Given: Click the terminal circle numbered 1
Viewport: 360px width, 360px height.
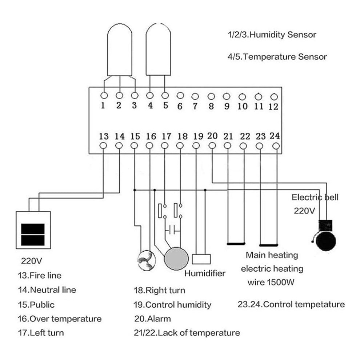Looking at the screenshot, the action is click(x=104, y=95).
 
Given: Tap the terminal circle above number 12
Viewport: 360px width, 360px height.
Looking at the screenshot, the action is click(x=274, y=97).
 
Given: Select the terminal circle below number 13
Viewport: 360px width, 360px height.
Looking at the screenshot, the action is click(x=103, y=145).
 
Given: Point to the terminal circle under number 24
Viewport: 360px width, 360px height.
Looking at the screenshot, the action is click(x=276, y=146).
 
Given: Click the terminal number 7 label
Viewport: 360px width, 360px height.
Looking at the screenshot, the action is click(x=195, y=106).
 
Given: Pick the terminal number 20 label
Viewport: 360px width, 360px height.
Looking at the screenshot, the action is click(x=212, y=136).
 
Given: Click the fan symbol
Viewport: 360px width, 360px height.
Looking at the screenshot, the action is click(x=147, y=260).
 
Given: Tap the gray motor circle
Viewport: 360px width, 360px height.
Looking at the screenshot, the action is click(x=176, y=259).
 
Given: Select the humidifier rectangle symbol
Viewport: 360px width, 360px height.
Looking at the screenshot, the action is click(x=201, y=259).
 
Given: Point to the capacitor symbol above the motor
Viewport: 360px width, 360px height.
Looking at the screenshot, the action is click(x=172, y=229).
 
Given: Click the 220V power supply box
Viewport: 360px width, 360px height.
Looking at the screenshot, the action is click(x=33, y=230).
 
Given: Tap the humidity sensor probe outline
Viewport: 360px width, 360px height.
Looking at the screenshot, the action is click(x=120, y=49).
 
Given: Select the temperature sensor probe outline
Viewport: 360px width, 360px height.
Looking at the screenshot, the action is click(x=158, y=49).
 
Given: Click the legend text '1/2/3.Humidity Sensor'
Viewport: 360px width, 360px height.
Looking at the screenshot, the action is click(x=272, y=35).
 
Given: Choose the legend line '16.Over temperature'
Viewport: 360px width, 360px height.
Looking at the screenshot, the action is click(x=60, y=319).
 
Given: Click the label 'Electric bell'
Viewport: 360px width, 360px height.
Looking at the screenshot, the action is click(x=315, y=197).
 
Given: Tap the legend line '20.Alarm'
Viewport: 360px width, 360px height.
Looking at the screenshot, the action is click(x=152, y=319).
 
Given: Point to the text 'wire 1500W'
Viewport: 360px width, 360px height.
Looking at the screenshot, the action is click(x=271, y=282).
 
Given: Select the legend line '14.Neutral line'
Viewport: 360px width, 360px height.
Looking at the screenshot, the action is click(x=47, y=290).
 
